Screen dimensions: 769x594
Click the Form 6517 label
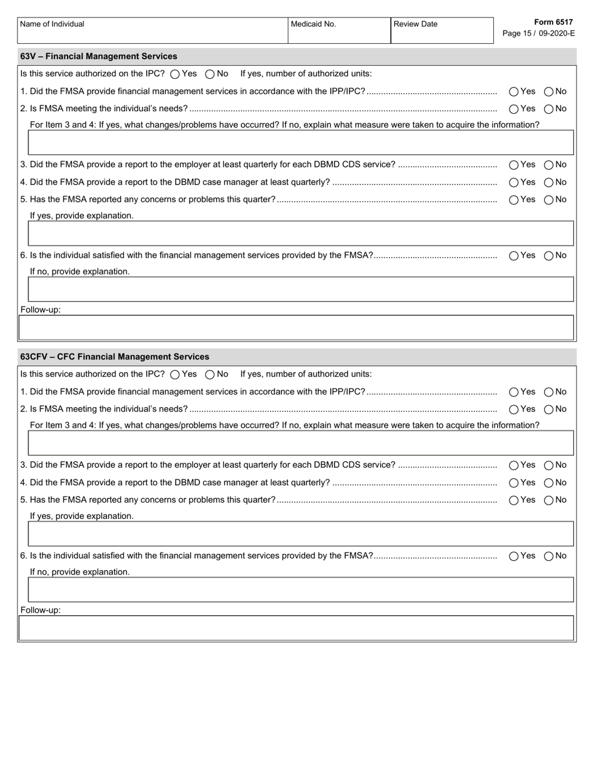click(x=553, y=23)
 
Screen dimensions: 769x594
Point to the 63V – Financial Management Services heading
click(x=99, y=56)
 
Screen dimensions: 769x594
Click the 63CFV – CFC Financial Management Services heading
click(x=115, y=356)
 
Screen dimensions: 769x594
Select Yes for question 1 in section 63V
click(x=514, y=91)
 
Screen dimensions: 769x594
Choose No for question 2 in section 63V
click(x=548, y=109)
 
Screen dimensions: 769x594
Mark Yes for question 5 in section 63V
click(x=514, y=200)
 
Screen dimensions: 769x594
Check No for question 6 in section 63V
click(x=548, y=256)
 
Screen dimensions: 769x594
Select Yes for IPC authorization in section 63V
click(x=175, y=74)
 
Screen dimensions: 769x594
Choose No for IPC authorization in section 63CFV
click(x=210, y=374)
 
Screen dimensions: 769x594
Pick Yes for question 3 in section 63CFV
click(x=514, y=465)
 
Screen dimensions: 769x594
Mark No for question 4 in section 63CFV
click(x=548, y=483)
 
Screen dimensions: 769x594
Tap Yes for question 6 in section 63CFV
click(x=514, y=556)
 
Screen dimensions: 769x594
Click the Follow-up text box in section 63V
click(x=297, y=328)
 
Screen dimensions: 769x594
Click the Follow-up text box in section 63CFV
click(x=297, y=628)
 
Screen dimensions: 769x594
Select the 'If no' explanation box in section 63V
click(x=301, y=289)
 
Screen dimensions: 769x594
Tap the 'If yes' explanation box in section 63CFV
click(x=301, y=534)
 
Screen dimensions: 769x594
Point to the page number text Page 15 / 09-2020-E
click(x=538, y=34)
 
